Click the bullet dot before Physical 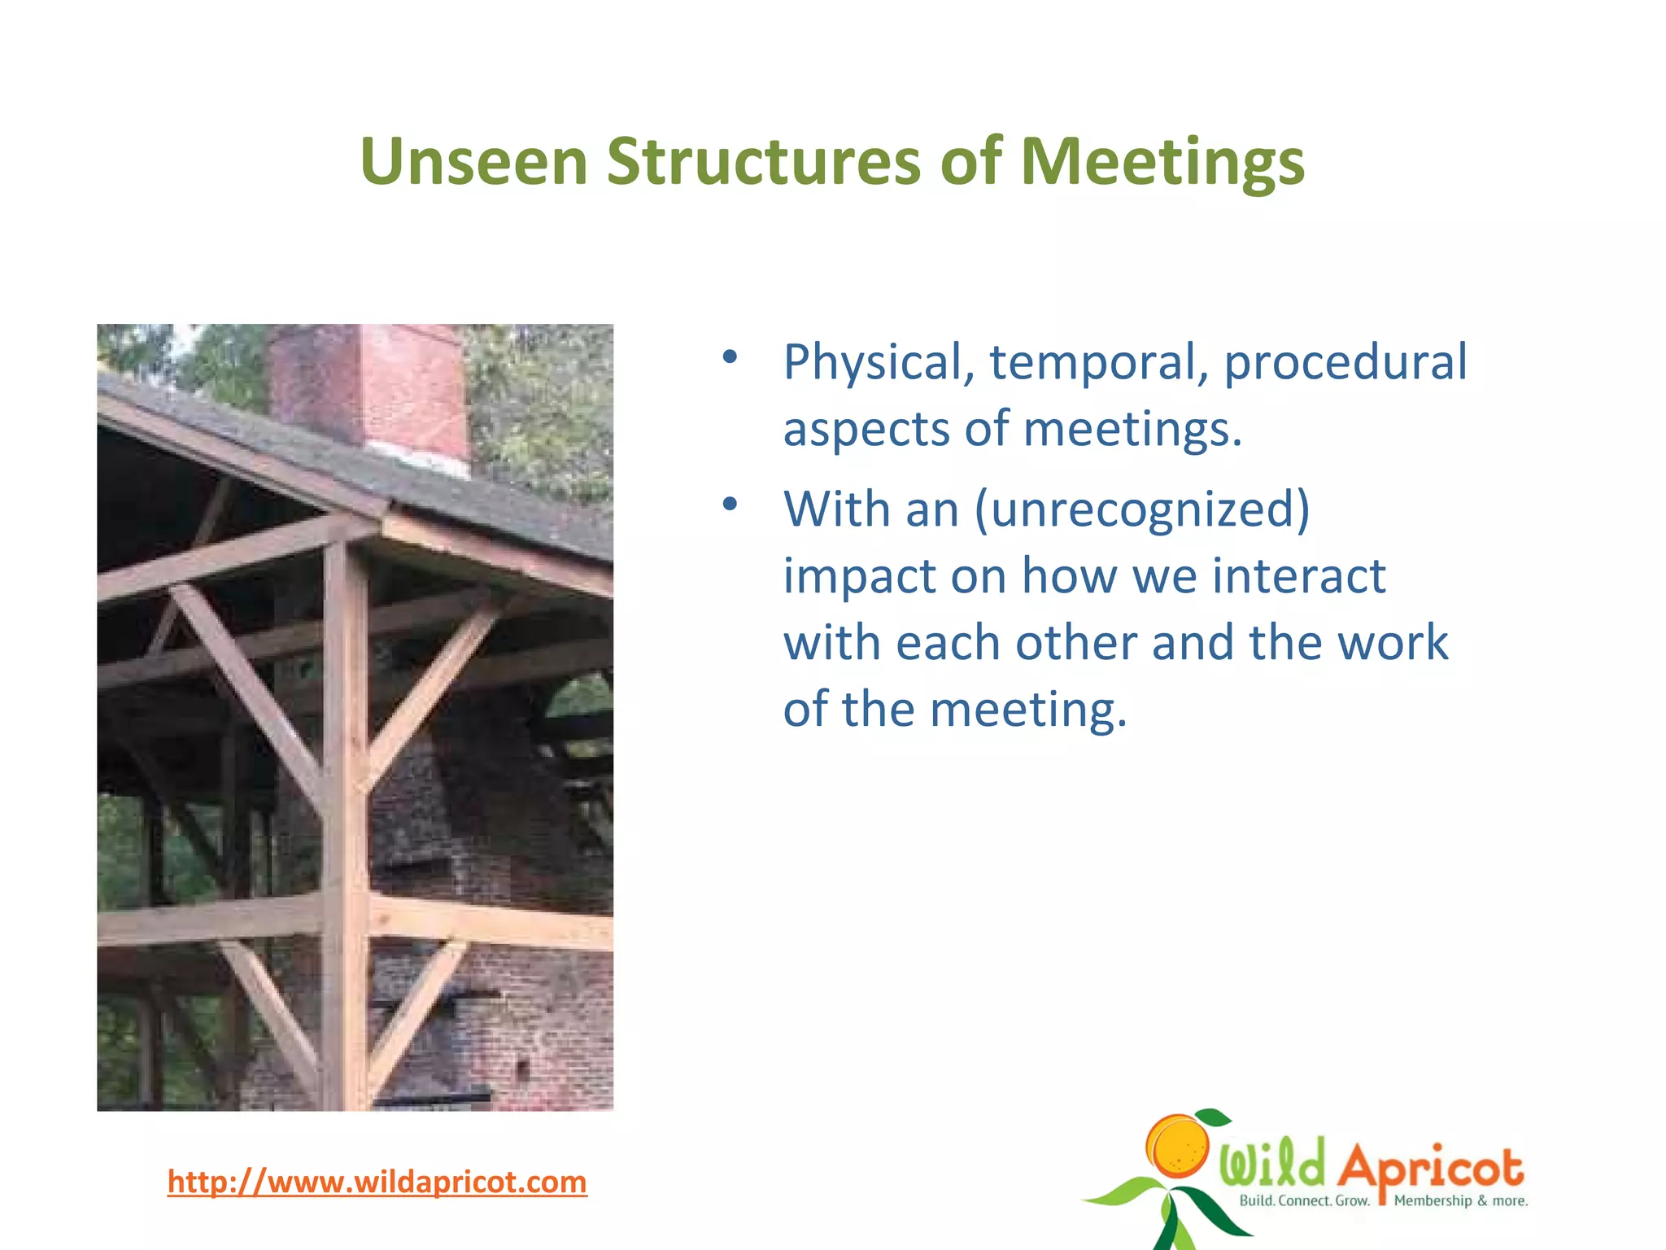730,356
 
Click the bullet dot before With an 730,504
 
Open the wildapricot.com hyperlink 377,1182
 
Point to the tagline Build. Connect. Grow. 1304,1200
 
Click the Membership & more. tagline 1460,1200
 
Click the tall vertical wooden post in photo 345,814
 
